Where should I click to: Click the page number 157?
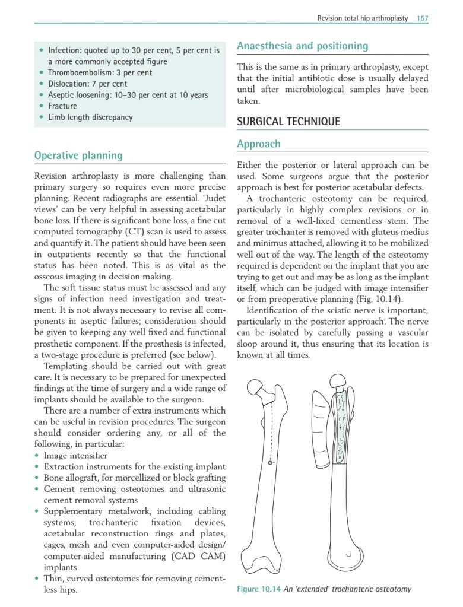pyautogui.click(x=422, y=18)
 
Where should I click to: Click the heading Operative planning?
pyautogui.click(x=78, y=155)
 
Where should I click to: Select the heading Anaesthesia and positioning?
pyautogui.click(x=302, y=46)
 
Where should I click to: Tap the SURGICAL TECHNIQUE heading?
pyautogui.click(x=288, y=122)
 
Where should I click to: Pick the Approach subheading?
pyautogui.click(x=258, y=144)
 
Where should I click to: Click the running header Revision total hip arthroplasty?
pyautogui.click(x=363, y=18)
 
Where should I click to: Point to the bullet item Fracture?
pyautogui.click(x=62, y=106)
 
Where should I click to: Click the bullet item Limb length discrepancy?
pyautogui.click(x=90, y=117)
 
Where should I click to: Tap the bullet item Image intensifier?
pyautogui.click(x=75, y=456)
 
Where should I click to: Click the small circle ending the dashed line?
pyautogui.click(x=270, y=462)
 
